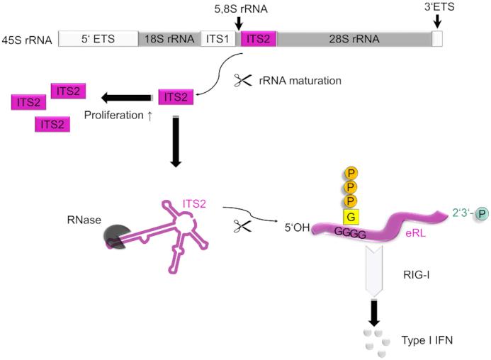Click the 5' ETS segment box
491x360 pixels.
[x=98, y=39]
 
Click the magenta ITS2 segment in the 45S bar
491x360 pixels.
[x=258, y=39]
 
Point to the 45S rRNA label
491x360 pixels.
[x=28, y=39]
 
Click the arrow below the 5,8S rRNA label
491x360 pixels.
[x=239, y=23]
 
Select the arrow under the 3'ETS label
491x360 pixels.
[x=436, y=23]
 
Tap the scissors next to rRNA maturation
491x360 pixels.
[x=244, y=80]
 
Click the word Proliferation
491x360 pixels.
[x=113, y=113]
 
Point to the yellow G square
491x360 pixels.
[x=349, y=215]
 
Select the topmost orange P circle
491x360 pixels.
[x=349, y=173]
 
